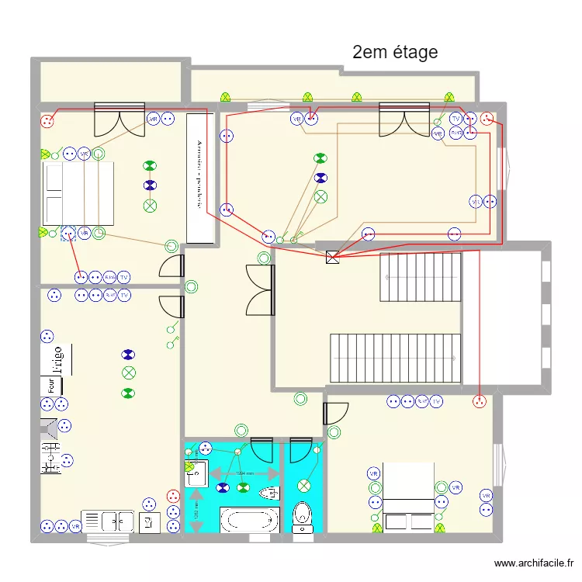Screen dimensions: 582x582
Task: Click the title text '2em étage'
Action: click(x=395, y=52)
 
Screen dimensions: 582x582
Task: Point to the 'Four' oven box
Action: click(x=50, y=385)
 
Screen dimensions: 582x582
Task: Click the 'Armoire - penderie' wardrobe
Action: click(x=199, y=178)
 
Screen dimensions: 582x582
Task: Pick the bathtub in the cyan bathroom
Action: click(x=249, y=519)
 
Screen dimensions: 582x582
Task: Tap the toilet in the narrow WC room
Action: click(x=303, y=517)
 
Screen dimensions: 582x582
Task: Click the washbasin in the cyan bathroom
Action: click(x=196, y=469)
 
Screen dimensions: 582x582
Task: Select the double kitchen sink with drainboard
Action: click(x=108, y=521)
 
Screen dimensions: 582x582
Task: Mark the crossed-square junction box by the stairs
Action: click(x=334, y=257)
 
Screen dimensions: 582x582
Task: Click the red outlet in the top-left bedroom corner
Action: click(x=48, y=120)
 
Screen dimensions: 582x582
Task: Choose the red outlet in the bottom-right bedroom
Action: click(x=480, y=401)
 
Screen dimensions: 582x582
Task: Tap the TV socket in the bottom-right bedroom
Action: click(x=437, y=401)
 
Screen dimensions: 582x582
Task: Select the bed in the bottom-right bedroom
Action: click(x=408, y=497)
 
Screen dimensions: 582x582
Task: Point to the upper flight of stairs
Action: click(x=420, y=277)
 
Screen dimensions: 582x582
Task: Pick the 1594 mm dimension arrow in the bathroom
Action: click(x=244, y=473)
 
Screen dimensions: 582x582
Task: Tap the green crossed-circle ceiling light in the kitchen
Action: click(x=129, y=373)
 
